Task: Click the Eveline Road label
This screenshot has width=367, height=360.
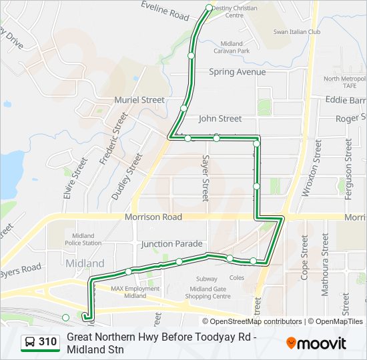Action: (165, 10)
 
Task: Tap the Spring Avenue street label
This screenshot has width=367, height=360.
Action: (237, 72)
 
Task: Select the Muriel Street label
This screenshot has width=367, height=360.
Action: (139, 100)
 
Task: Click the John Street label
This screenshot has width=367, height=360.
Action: (220, 119)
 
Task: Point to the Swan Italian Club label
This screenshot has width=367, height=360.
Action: (297, 32)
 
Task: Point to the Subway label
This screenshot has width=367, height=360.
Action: (207, 279)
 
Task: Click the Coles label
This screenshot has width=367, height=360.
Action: (237, 278)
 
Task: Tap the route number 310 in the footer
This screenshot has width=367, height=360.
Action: (47, 342)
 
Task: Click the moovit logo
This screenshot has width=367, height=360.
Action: (317, 343)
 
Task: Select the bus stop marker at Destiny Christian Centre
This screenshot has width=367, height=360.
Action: (209, 8)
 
